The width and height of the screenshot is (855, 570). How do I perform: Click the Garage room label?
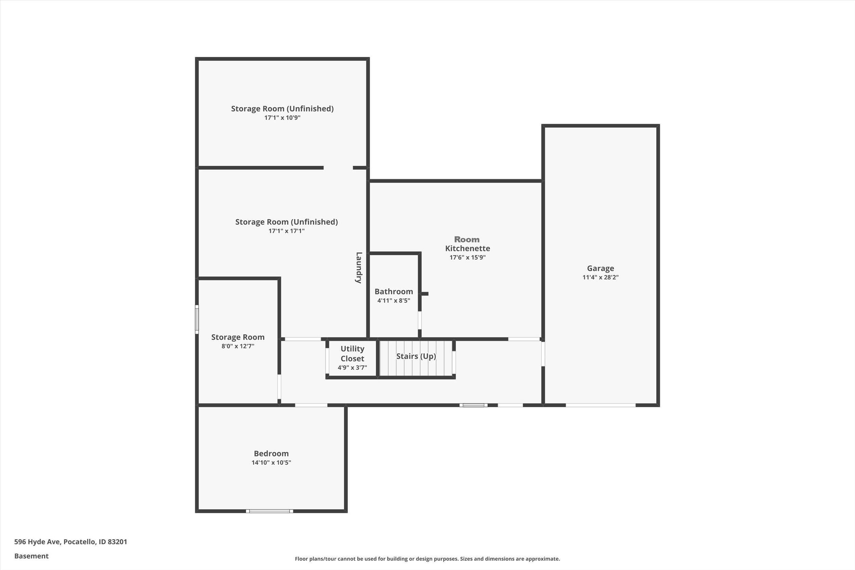pos(600,268)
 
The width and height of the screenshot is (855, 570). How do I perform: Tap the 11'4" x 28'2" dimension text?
pos(600,277)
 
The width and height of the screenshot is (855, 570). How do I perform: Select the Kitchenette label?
pos(468,248)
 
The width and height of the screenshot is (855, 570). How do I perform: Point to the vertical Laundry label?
pos(358,267)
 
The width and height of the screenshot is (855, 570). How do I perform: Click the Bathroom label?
pos(394,292)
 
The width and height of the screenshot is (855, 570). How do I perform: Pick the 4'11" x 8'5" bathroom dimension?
pos(394,301)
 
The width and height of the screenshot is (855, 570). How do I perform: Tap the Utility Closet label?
pos(352,354)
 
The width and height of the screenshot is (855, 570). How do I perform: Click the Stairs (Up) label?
pos(416,356)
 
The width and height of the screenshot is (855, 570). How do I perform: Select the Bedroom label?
pos(271,454)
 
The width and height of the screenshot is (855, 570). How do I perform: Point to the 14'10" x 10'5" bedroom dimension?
pos(271,463)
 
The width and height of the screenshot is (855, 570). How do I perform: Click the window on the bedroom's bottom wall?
pos(269,511)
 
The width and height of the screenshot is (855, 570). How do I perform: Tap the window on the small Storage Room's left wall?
pos(197,319)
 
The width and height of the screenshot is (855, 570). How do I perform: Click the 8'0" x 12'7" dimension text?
pos(238,346)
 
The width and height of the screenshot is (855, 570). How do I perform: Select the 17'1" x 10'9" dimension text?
pos(282,118)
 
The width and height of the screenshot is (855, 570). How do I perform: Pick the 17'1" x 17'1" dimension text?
pos(287,231)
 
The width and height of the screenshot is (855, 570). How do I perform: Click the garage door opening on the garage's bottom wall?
pos(601,405)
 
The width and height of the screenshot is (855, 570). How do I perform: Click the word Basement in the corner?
pos(31,556)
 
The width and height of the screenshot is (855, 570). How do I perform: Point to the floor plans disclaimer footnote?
pos(427,559)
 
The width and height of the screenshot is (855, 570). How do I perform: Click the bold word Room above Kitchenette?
pos(467,240)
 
